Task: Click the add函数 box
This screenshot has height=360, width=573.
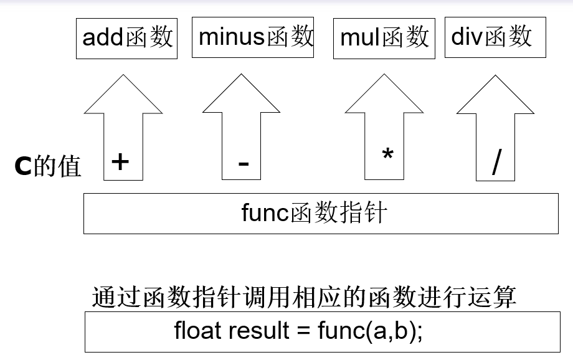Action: (126, 39)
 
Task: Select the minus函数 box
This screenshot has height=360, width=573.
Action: (252, 38)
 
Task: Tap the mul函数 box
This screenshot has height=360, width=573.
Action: (384, 39)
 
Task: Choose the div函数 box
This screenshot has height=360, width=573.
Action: (495, 38)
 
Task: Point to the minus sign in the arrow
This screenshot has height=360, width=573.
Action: (244, 164)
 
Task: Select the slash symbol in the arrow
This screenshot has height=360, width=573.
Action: (496, 163)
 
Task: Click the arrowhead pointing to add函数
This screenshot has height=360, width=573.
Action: (123, 97)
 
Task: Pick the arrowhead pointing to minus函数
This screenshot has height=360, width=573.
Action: (242, 97)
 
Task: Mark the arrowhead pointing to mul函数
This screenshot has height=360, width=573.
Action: (384, 97)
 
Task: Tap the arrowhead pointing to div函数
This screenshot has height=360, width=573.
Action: (496, 97)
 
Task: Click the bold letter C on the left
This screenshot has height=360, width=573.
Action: (22, 166)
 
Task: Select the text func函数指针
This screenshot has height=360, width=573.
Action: (315, 213)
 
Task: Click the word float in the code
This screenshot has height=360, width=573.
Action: (197, 330)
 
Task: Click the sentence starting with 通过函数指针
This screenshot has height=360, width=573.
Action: (304, 297)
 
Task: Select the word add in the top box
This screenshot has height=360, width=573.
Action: (103, 38)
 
